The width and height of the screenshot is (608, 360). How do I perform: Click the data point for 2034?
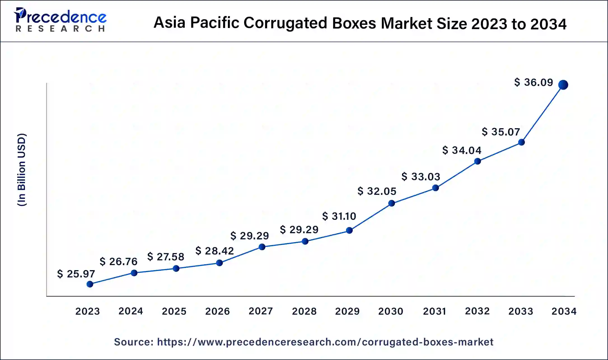(563, 85)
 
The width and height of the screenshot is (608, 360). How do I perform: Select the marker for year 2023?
(90, 284)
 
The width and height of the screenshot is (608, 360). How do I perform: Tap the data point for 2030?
(392, 203)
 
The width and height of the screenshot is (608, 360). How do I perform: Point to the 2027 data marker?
(262, 247)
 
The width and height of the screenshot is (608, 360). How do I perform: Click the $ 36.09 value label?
(534, 83)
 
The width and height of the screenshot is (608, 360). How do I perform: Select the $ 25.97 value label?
(76, 274)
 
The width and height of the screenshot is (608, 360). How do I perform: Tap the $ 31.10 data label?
(339, 216)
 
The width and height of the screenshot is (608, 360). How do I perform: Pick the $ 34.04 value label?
(462, 150)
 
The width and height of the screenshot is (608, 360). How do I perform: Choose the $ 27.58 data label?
(166, 257)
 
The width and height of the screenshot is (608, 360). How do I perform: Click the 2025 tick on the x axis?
(174, 311)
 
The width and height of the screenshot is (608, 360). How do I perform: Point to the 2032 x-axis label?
(477, 311)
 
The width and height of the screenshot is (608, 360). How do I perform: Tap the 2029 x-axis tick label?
(347, 311)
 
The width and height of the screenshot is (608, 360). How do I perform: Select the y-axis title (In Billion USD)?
(22, 170)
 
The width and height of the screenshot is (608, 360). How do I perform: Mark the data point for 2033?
(521, 142)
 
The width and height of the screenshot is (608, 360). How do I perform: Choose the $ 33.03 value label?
(421, 177)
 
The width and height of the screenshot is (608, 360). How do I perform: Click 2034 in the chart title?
(548, 24)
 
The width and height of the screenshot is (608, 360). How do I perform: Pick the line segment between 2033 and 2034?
(542, 113)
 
